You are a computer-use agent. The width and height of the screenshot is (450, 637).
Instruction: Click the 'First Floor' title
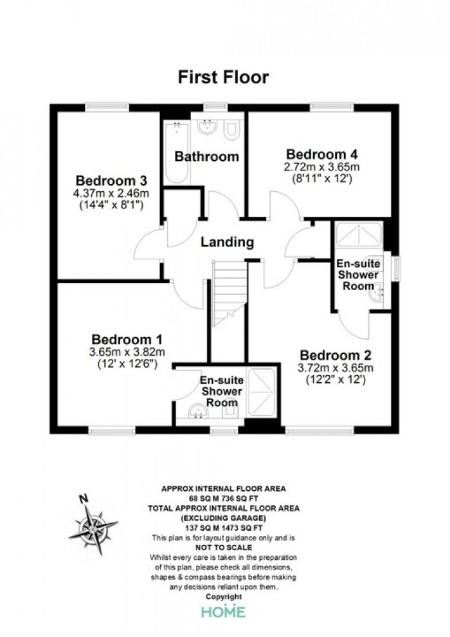pyautogui.click(x=223, y=77)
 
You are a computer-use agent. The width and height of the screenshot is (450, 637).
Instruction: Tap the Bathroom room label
pyautogui.click(x=206, y=156)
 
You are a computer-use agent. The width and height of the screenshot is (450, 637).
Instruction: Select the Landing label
pyautogui.click(x=227, y=242)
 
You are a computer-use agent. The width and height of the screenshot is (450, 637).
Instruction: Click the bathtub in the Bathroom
pyautogui.click(x=177, y=153)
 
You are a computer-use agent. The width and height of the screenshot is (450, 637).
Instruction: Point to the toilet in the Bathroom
pyautogui.click(x=233, y=129)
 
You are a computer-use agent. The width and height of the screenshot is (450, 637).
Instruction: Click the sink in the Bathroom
pyautogui.click(x=208, y=126)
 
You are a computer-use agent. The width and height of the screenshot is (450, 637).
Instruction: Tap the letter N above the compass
pyautogui.click(x=84, y=498)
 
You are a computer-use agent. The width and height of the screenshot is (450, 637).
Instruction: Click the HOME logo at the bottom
pyautogui.click(x=224, y=611)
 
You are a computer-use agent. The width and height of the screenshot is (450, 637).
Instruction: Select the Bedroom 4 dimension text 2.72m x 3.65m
pyautogui.click(x=322, y=167)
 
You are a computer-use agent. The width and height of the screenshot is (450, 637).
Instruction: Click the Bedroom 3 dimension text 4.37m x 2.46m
pyautogui.click(x=111, y=194)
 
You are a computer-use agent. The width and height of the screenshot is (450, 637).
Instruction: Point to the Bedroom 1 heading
pyautogui.click(x=127, y=339)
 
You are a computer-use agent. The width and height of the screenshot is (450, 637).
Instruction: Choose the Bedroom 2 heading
pyautogui.click(x=336, y=355)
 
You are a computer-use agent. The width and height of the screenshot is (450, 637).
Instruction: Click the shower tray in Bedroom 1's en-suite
pyautogui.click(x=262, y=392)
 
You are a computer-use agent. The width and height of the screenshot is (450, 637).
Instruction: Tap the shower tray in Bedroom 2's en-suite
pyautogui.click(x=359, y=234)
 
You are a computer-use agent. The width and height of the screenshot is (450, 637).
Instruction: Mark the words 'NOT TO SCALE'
pyautogui.click(x=224, y=548)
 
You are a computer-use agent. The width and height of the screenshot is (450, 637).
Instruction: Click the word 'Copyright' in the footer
pyautogui.click(x=224, y=596)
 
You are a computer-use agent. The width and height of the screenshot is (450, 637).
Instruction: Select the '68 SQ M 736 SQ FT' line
pyautogui.click(x=224, y=498)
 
